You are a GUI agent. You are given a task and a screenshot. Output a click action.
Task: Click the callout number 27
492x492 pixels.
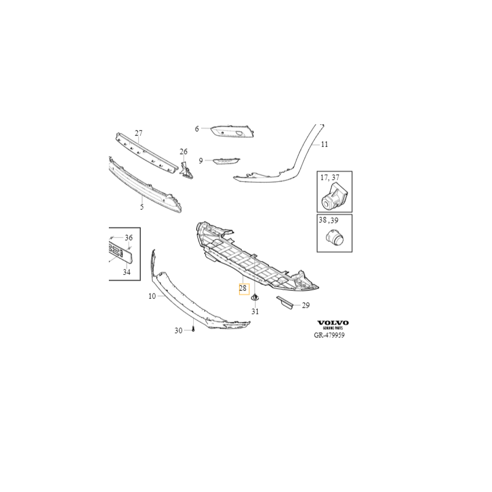pos(139,133)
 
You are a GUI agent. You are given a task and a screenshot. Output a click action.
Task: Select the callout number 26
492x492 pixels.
pos(183,152)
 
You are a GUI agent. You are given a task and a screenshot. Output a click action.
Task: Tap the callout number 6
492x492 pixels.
pos(197,129)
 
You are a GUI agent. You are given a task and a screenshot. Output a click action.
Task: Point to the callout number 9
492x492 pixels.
pos(201,161)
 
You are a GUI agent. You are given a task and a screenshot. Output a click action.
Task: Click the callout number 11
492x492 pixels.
pos(325,145)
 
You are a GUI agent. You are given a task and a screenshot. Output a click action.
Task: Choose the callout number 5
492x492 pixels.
pos(142,207)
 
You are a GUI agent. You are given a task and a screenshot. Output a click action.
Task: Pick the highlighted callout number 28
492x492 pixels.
pos(243,288)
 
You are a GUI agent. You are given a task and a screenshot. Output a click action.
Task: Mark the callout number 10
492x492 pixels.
pos(152,296)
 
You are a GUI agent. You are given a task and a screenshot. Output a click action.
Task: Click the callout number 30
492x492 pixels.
pos(178,331)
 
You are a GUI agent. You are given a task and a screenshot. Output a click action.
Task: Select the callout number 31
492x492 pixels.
pos(255,312)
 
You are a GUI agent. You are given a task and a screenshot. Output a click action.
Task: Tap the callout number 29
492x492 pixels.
pos(306,305)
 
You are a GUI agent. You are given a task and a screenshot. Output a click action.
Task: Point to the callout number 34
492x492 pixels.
pos(127,272)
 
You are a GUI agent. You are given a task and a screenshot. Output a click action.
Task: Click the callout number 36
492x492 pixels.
pos(129,238)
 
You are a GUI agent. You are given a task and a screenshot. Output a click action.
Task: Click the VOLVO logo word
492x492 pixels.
pos(333,323)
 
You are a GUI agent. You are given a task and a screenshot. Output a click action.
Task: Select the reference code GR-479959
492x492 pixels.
pos(329,335)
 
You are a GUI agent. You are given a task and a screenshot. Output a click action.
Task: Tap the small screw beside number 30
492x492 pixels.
pos(193,330)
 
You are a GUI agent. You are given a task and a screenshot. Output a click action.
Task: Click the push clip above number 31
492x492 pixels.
pos(255,296)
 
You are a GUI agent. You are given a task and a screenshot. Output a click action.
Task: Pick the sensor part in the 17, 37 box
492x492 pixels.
pos(333,197)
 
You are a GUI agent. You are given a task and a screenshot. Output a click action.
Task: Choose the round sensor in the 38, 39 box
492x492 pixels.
pos(334,237)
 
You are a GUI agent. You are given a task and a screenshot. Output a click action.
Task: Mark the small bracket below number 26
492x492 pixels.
pos(186,170)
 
